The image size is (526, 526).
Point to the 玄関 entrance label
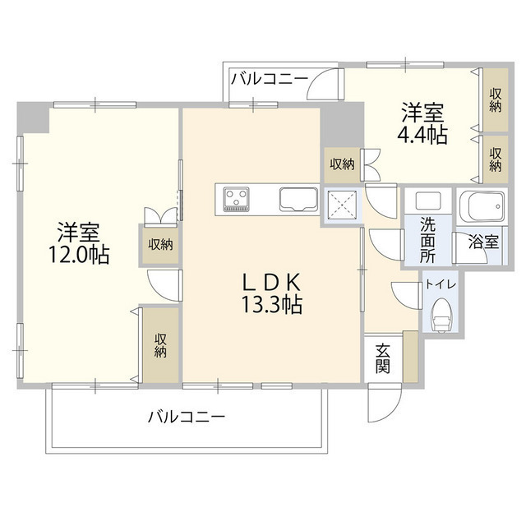(x=383, y=358)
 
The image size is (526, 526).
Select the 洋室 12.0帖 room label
(x=79, y=243)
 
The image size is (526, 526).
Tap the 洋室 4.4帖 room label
(x=423, y=123)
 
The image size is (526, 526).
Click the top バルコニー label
(x=269, y=80)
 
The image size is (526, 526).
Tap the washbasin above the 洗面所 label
(x=427, y=201)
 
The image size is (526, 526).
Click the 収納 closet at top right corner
(x=495, y=99)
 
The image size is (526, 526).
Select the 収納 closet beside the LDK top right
(x=343, y=164)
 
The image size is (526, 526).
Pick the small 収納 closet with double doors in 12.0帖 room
(x=160, y=243)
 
